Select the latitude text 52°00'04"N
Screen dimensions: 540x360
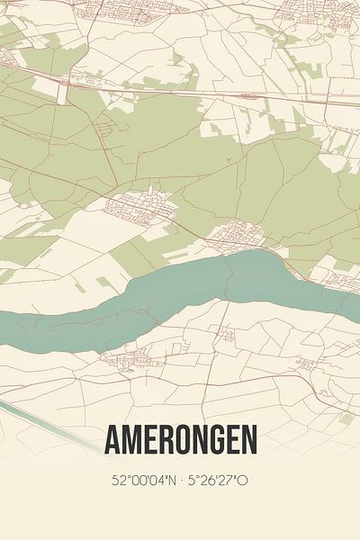coord(143,481)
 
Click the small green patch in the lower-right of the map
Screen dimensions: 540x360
coord(346,418)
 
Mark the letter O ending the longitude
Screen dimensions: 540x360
coord(243,481)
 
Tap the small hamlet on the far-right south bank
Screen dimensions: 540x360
coord(310,364)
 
